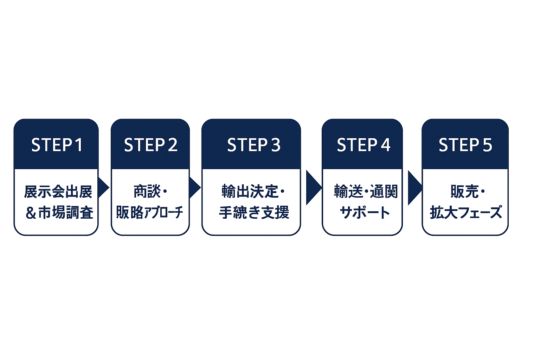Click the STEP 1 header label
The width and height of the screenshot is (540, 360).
pos(57,145)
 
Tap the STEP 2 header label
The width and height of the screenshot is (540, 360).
pos(151,145)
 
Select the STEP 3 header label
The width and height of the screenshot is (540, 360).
pos(254,145)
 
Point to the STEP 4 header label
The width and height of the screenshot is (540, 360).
pos(364,145)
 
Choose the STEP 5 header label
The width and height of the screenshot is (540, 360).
pos(465,145)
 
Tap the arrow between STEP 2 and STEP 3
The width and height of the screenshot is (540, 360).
pos(195,188)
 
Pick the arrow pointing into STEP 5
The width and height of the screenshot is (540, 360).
pos(414,188)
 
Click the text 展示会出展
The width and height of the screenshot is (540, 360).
pos(58,192)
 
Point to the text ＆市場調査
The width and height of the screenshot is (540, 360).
pos(59,213)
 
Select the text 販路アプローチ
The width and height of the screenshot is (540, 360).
pos(149,212)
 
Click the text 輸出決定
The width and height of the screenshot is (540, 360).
pos(250,192)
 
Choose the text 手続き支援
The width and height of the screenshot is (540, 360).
pos(254,212)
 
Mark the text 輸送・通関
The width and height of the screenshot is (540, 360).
pos(366,192)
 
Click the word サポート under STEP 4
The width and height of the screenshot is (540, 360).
pos(365,212)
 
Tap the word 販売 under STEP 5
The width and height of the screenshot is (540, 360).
pos(464,192)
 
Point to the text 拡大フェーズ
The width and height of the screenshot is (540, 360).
pos(466,212)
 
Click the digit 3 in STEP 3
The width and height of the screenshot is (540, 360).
pos(276,145)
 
